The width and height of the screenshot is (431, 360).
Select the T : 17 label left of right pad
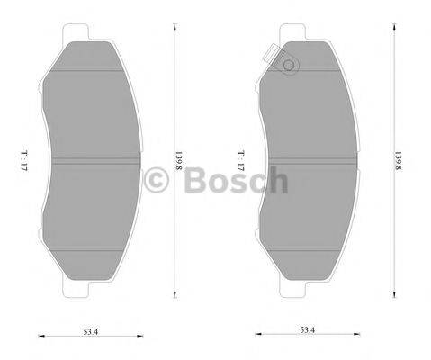tap(241, 162)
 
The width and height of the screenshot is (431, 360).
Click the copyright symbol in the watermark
tap(159, 180)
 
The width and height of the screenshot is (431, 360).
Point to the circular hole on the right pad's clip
tap(289, 65)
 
